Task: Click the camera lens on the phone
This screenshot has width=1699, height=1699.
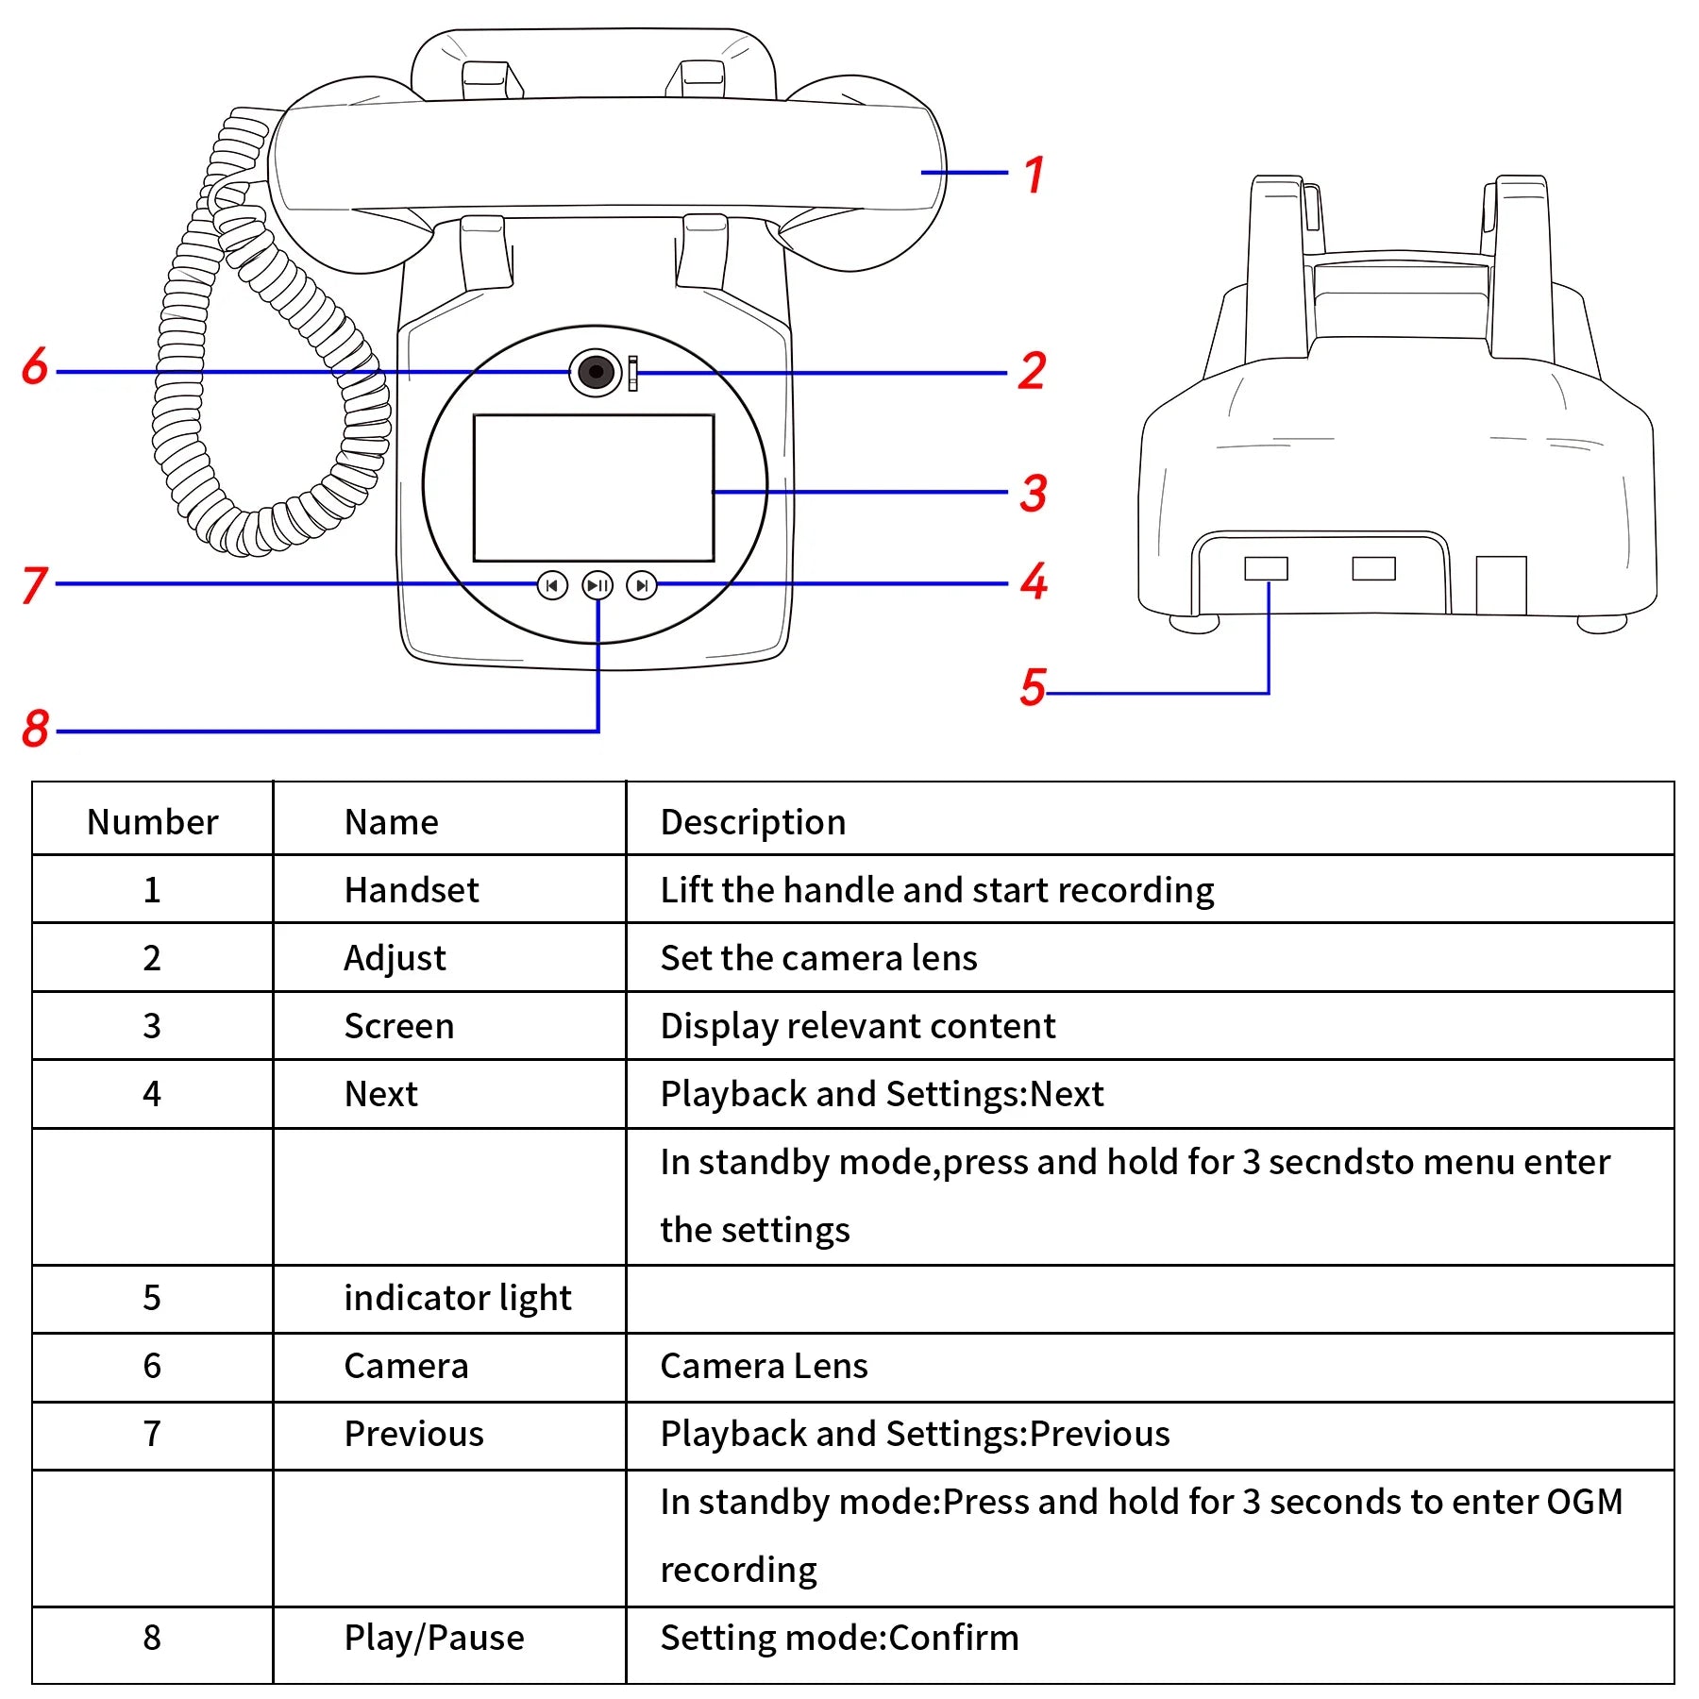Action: click(596, 372)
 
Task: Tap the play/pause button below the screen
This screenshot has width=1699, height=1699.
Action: click(597, 585)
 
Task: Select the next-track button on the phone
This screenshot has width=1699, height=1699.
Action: click(642, 585)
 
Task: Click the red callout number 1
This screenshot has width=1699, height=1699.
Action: click(1035, 175)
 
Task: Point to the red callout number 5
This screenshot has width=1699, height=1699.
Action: click(1033, 686)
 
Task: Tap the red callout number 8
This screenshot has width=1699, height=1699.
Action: click(36, 728)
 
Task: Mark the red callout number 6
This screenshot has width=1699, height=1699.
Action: click(35, 365)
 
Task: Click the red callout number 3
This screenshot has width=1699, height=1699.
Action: click(1034, 493)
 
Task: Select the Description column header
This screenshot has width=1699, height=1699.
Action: click(752, 821)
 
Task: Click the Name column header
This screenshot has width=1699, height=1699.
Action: click(391, 821)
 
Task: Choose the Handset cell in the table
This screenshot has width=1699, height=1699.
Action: click(412, 889)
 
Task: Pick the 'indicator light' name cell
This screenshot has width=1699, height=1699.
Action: click(457, 1298)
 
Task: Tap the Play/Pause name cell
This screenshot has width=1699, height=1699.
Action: click(433, 1638)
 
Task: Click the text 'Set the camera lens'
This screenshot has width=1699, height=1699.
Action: click(818, 958)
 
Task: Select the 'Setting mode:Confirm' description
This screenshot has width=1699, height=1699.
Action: click(839, 1638)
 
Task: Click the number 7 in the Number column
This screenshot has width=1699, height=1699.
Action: click(152, 1434)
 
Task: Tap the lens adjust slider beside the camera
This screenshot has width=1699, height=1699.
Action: click(632, 373)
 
